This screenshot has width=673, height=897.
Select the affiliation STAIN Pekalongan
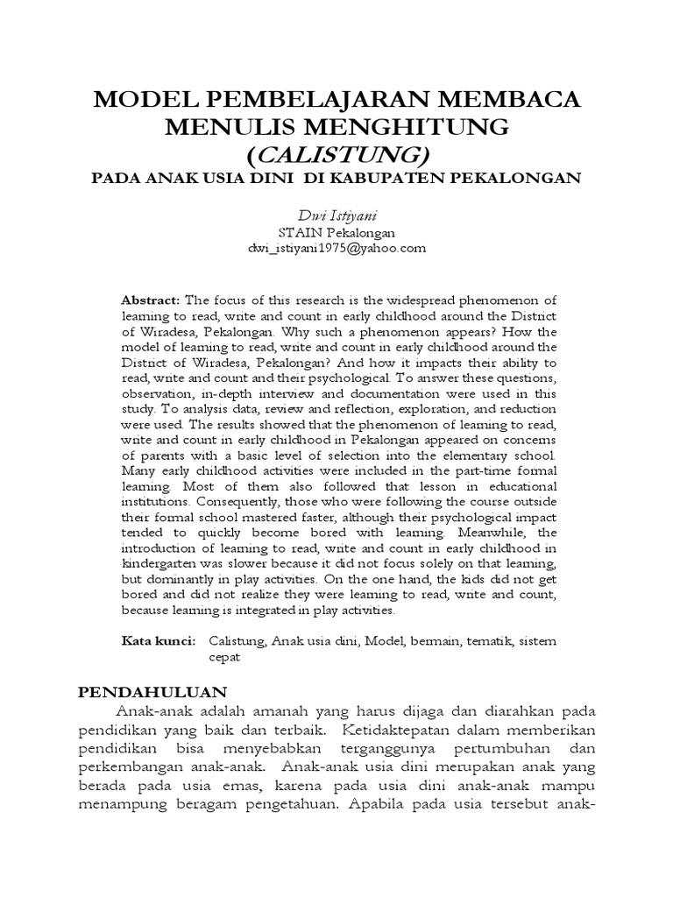pos(337,233)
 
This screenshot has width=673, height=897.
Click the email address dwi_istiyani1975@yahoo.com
pos(337,248)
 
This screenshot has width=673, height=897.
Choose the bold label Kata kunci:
pos(159,641)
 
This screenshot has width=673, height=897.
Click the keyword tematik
pos(478,641)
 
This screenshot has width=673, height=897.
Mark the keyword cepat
pos(224,656)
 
